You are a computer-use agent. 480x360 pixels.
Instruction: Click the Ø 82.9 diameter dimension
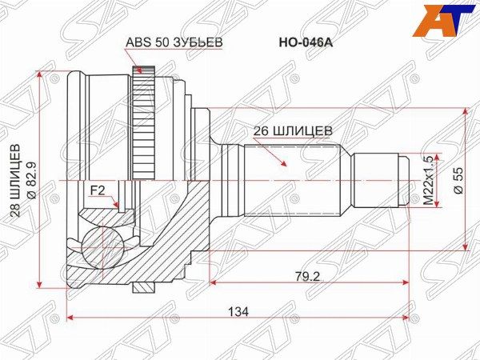30,182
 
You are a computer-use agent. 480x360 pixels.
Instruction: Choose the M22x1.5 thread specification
430,181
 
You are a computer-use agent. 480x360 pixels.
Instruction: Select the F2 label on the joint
97,190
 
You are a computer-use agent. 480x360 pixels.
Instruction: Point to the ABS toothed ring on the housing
144,120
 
